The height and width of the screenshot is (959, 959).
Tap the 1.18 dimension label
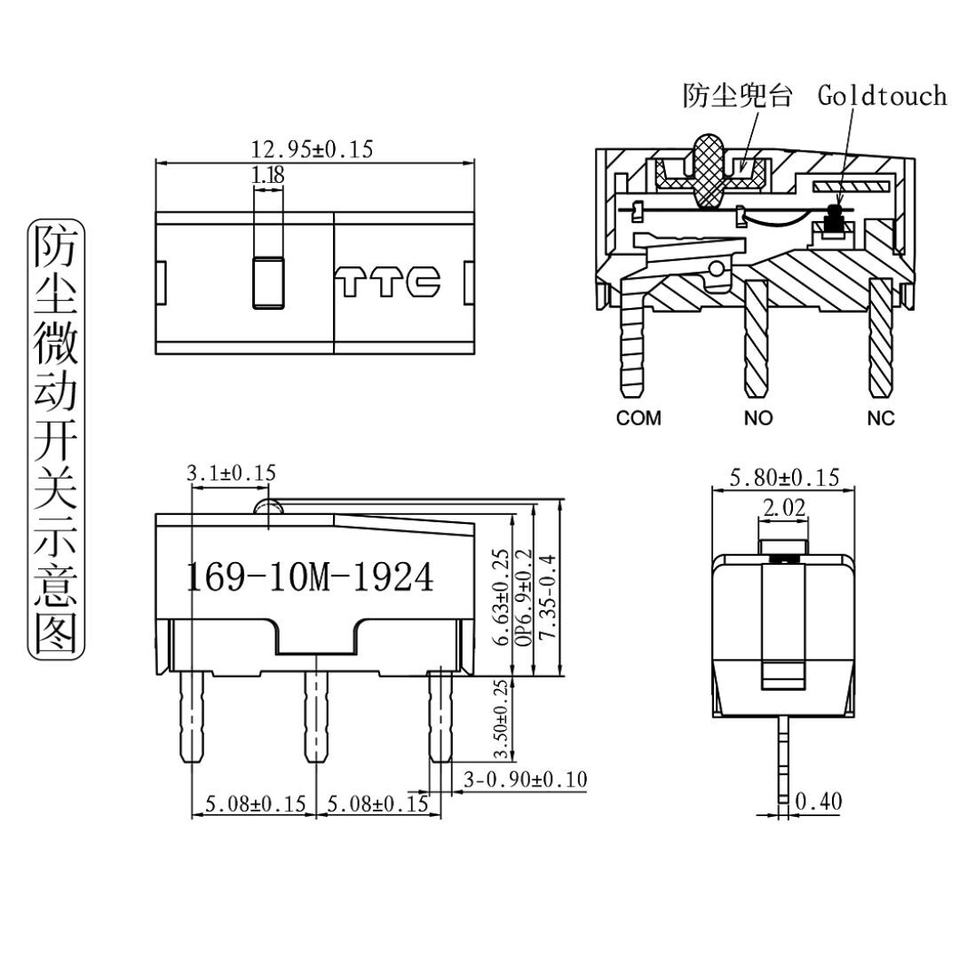coord(268,176)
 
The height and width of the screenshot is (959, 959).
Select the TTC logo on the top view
coord(389,281)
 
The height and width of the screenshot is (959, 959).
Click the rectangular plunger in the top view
coord(268,282)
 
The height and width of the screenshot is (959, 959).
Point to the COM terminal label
coord(638,418)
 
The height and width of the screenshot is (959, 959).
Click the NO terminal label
coord(758,418)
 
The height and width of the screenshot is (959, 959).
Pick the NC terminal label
coord(881,418)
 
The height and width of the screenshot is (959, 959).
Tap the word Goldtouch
coord(882,96)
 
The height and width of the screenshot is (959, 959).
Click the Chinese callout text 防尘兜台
coord(737,96)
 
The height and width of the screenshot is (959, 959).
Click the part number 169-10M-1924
coord(309,578)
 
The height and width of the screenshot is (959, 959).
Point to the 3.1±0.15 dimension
coord(231,473)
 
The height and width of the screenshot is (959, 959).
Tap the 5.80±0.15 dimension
coord(784,478)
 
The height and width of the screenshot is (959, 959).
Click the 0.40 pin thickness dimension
coord(818,802)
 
